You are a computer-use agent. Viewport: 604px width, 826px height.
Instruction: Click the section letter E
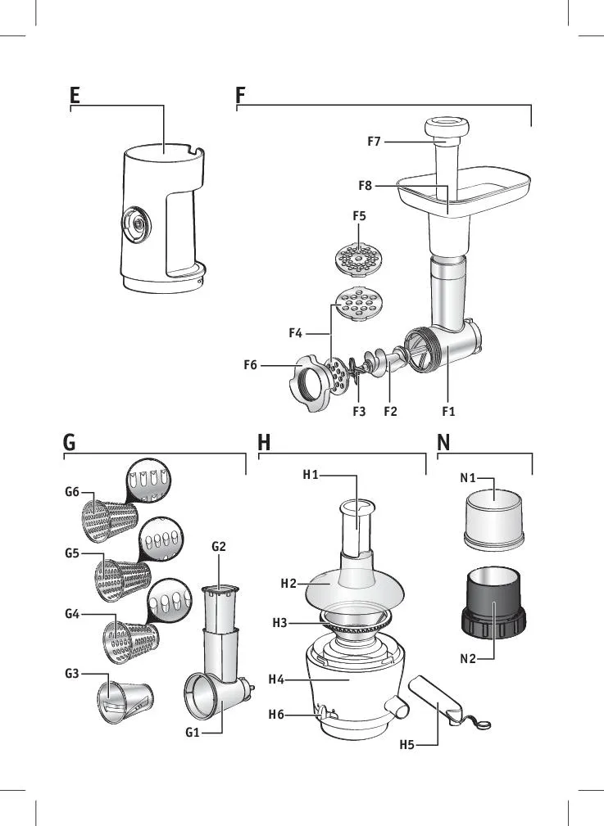[x=75, y=95]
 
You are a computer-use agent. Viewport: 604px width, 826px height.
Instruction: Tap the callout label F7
[x=374, y=142]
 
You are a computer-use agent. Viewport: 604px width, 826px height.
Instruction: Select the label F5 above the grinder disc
[x=359, y=216]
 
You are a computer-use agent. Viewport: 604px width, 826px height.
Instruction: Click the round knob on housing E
[x=134, y=223]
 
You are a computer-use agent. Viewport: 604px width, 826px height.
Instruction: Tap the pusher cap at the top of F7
[x=446, y=127]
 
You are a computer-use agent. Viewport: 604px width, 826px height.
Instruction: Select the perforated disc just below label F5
[x=359, y=260]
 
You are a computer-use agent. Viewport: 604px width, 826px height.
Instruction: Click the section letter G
[x=70, y=443]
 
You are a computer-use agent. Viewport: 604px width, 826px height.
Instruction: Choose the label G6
[x=72, y=492]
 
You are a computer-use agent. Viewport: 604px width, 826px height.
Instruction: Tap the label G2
[x=219, y=547]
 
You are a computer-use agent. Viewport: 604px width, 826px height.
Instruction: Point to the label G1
[x=193, y=733]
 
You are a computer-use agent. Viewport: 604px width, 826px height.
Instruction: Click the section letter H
[x=264, y=443]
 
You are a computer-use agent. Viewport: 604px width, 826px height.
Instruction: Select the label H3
[x=280, y=623]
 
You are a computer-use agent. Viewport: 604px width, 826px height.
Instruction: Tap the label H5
[x=407, y=745]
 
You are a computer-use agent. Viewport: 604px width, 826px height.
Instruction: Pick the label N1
[x=466, y=478]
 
